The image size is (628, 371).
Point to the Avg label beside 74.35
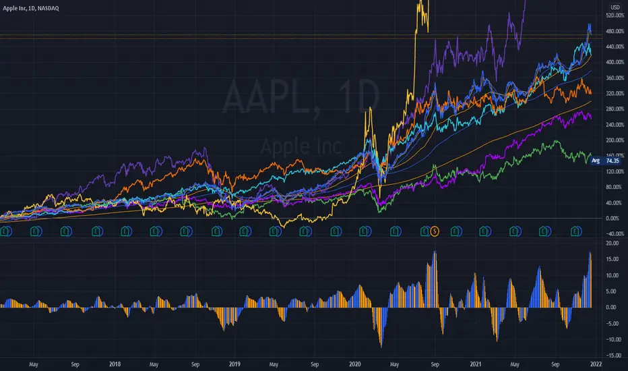[x=595, y=161]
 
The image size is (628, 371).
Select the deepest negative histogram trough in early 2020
[x=381, y=346]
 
